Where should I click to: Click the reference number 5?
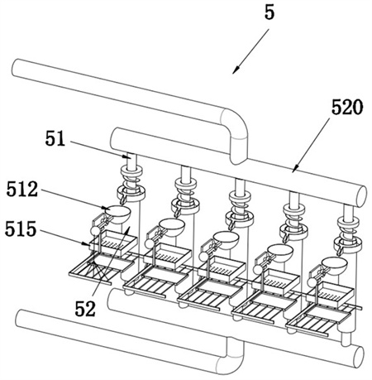pos(269,12)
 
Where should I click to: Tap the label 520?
pos(347,108)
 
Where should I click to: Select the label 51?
pos(55,138)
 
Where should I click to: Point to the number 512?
pos(22,189)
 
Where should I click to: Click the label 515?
pos(21,229)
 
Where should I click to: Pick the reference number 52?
pos(85,309)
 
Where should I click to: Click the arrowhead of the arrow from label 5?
pos(235,70)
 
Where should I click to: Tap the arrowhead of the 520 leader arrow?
pos(295,169)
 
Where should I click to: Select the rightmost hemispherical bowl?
pos(334,265)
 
